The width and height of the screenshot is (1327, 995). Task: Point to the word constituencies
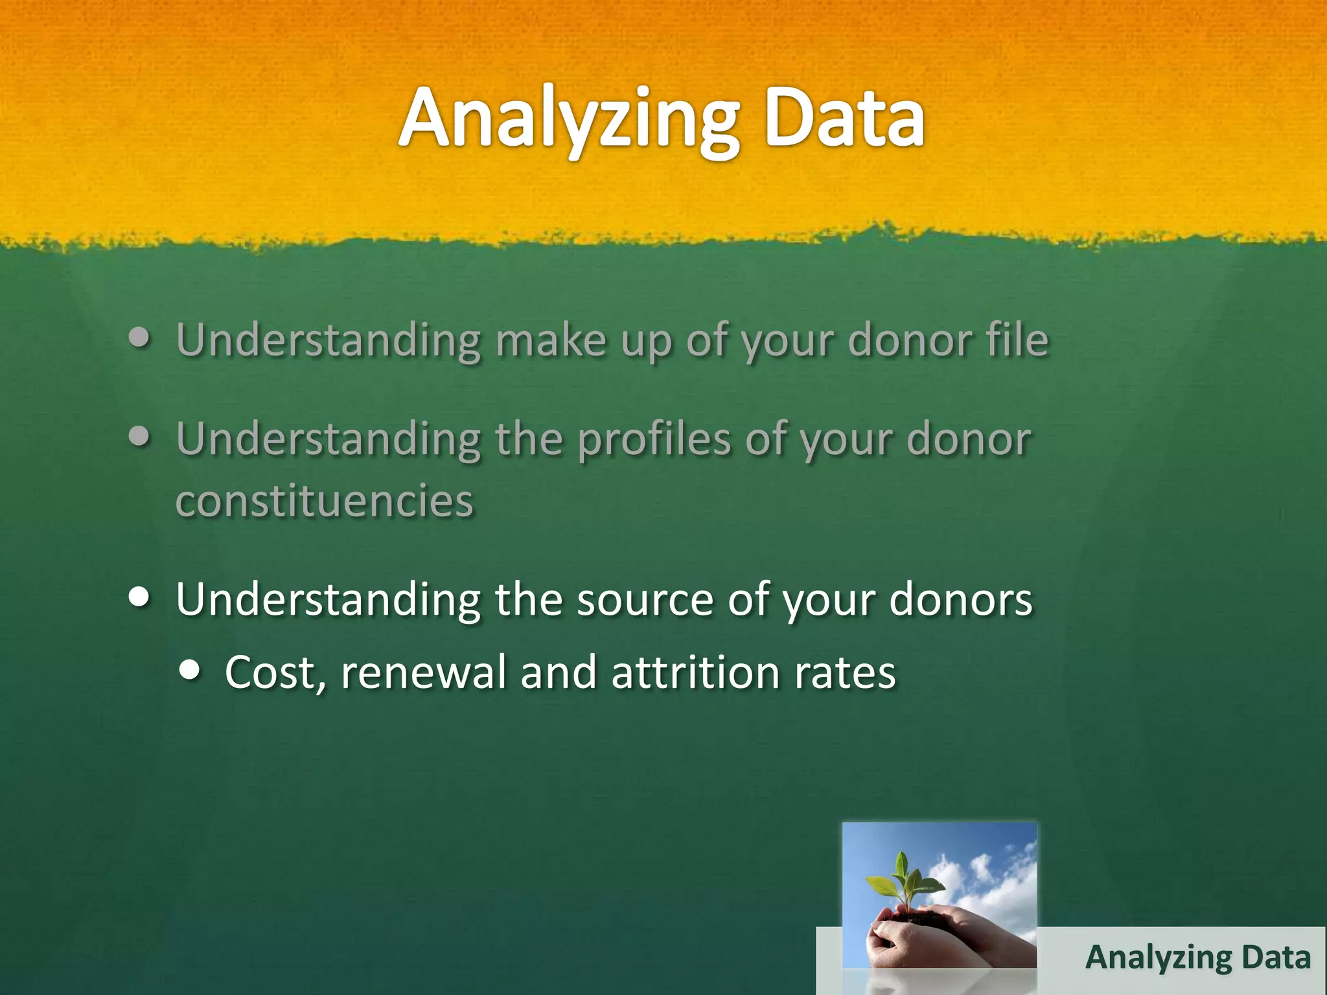[324, 501]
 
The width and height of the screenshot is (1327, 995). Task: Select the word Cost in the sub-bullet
[268, 672]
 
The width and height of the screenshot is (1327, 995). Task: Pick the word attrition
[695, 672]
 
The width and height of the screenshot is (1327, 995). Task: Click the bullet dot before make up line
[140, 337]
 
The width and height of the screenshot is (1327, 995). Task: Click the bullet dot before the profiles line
[140, 437]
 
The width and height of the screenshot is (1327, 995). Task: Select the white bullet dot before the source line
[140, 597]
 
